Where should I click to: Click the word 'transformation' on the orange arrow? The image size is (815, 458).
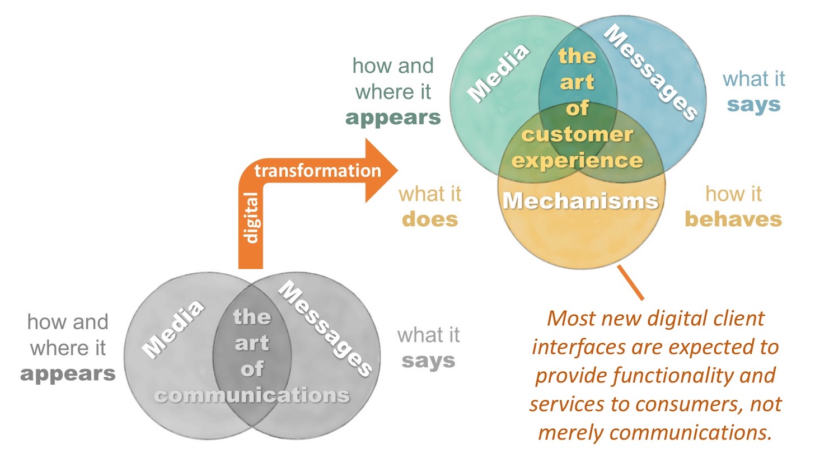coord(317,170)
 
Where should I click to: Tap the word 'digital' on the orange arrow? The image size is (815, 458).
coord(252,218)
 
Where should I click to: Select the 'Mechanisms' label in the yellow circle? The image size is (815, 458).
coord(580,200)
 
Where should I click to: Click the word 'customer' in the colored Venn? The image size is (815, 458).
coord(577,134)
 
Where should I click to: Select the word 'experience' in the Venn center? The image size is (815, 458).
coord(578,161)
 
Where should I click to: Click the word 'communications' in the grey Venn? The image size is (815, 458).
coord(252,395)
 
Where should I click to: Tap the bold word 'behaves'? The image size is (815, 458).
coord(733,219)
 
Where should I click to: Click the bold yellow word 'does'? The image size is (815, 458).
coord(430,219)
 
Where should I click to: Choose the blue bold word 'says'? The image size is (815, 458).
coord(753,105)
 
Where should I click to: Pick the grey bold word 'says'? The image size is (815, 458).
coord(428,361)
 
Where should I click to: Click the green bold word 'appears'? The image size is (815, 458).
coord(393,118)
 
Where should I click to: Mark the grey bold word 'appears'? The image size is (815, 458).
coord(68,373)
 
